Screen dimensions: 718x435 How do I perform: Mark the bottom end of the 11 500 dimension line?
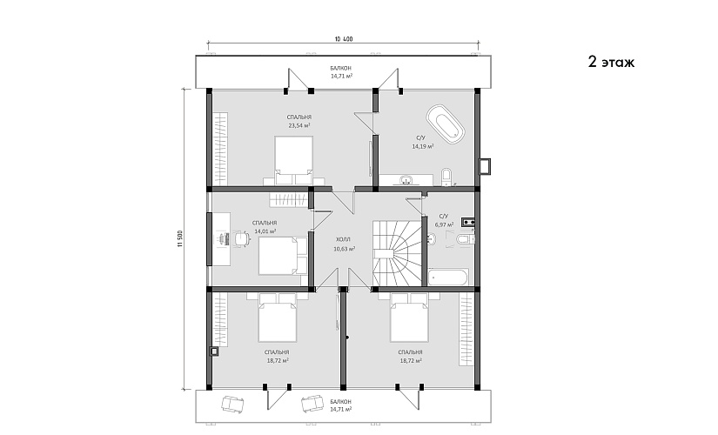[185, 389]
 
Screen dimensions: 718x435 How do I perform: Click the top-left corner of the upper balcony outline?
[196, 56]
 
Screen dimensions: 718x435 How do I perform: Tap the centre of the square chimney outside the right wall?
[485, 166]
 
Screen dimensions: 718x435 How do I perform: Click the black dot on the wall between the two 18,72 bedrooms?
[347, 338]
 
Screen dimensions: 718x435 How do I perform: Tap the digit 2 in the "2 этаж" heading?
[593, 62]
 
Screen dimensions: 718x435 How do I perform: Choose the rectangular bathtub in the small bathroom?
[449, 278]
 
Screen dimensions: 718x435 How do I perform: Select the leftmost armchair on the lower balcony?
[232, 404]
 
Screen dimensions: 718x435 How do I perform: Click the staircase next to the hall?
[397, 253]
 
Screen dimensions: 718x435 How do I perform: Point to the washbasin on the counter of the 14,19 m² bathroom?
[406, 180]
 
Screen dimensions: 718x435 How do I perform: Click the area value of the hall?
[345, 249]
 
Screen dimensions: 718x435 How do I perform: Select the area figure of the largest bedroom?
[299, 125]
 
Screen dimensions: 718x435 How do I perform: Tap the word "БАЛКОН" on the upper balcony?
[341, 68]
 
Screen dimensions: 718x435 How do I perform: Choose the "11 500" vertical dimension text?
[180, 238]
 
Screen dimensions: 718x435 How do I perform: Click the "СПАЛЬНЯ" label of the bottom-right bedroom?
[410, 352]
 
